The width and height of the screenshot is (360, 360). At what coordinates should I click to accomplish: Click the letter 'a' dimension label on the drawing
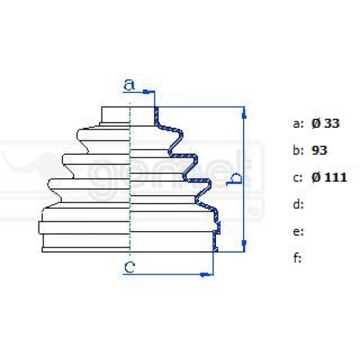pos(128,85)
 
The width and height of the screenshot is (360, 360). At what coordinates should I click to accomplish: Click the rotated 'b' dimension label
pos(236,178)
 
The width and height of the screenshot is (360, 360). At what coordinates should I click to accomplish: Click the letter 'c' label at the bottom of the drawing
pos(128,266)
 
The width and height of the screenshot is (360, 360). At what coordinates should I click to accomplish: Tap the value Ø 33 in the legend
pos(325,124)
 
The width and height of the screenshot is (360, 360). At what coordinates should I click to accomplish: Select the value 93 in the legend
pos(320,150)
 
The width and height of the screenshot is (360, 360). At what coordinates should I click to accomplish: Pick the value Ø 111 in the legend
pos(329,177)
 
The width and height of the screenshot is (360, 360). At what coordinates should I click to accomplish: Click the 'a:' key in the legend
pos(298,124)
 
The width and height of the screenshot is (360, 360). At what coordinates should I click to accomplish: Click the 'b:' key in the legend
pos(298,151)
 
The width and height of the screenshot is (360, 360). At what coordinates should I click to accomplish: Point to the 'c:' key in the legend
pos(298,178)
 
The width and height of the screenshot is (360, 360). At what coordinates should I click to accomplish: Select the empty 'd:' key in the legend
pos(298,205)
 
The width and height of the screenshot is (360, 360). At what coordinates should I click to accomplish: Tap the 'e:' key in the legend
pos(298,232)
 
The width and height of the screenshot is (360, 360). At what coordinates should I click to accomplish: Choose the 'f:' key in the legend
pos(298,258)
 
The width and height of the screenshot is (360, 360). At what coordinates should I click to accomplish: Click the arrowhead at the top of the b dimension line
pos(244,112)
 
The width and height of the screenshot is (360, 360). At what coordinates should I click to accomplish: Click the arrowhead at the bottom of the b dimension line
pos(244,245)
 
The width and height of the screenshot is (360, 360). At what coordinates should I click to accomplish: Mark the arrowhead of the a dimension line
pos(150,92)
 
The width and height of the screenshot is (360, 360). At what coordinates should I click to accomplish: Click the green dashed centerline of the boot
pos(130,180)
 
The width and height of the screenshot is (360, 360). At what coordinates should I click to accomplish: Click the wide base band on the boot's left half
pos(84,227)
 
